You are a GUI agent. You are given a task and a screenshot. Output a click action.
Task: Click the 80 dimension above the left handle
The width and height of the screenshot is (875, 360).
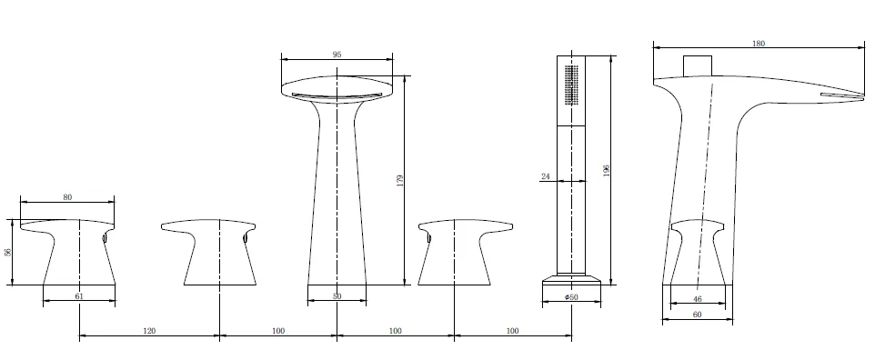(67, 197)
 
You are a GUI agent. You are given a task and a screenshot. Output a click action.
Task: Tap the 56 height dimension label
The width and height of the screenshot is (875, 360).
(7, 252)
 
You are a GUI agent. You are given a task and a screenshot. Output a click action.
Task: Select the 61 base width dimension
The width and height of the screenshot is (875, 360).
(79, 295)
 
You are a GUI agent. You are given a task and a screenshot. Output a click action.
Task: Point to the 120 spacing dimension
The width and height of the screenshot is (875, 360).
(149, 330)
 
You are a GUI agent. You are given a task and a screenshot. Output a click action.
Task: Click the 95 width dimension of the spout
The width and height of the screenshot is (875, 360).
(337, 55)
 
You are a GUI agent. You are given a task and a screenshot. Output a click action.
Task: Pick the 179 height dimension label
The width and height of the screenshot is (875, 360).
(399, 181)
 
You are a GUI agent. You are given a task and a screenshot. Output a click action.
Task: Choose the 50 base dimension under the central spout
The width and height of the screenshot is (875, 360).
(337, 296)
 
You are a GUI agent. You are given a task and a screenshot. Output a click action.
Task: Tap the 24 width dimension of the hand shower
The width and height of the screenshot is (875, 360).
(546, 176)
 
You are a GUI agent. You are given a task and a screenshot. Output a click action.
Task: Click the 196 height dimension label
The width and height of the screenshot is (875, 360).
(606, 170)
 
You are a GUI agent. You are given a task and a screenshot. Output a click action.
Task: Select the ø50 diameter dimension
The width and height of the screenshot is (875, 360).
(571, 297)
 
